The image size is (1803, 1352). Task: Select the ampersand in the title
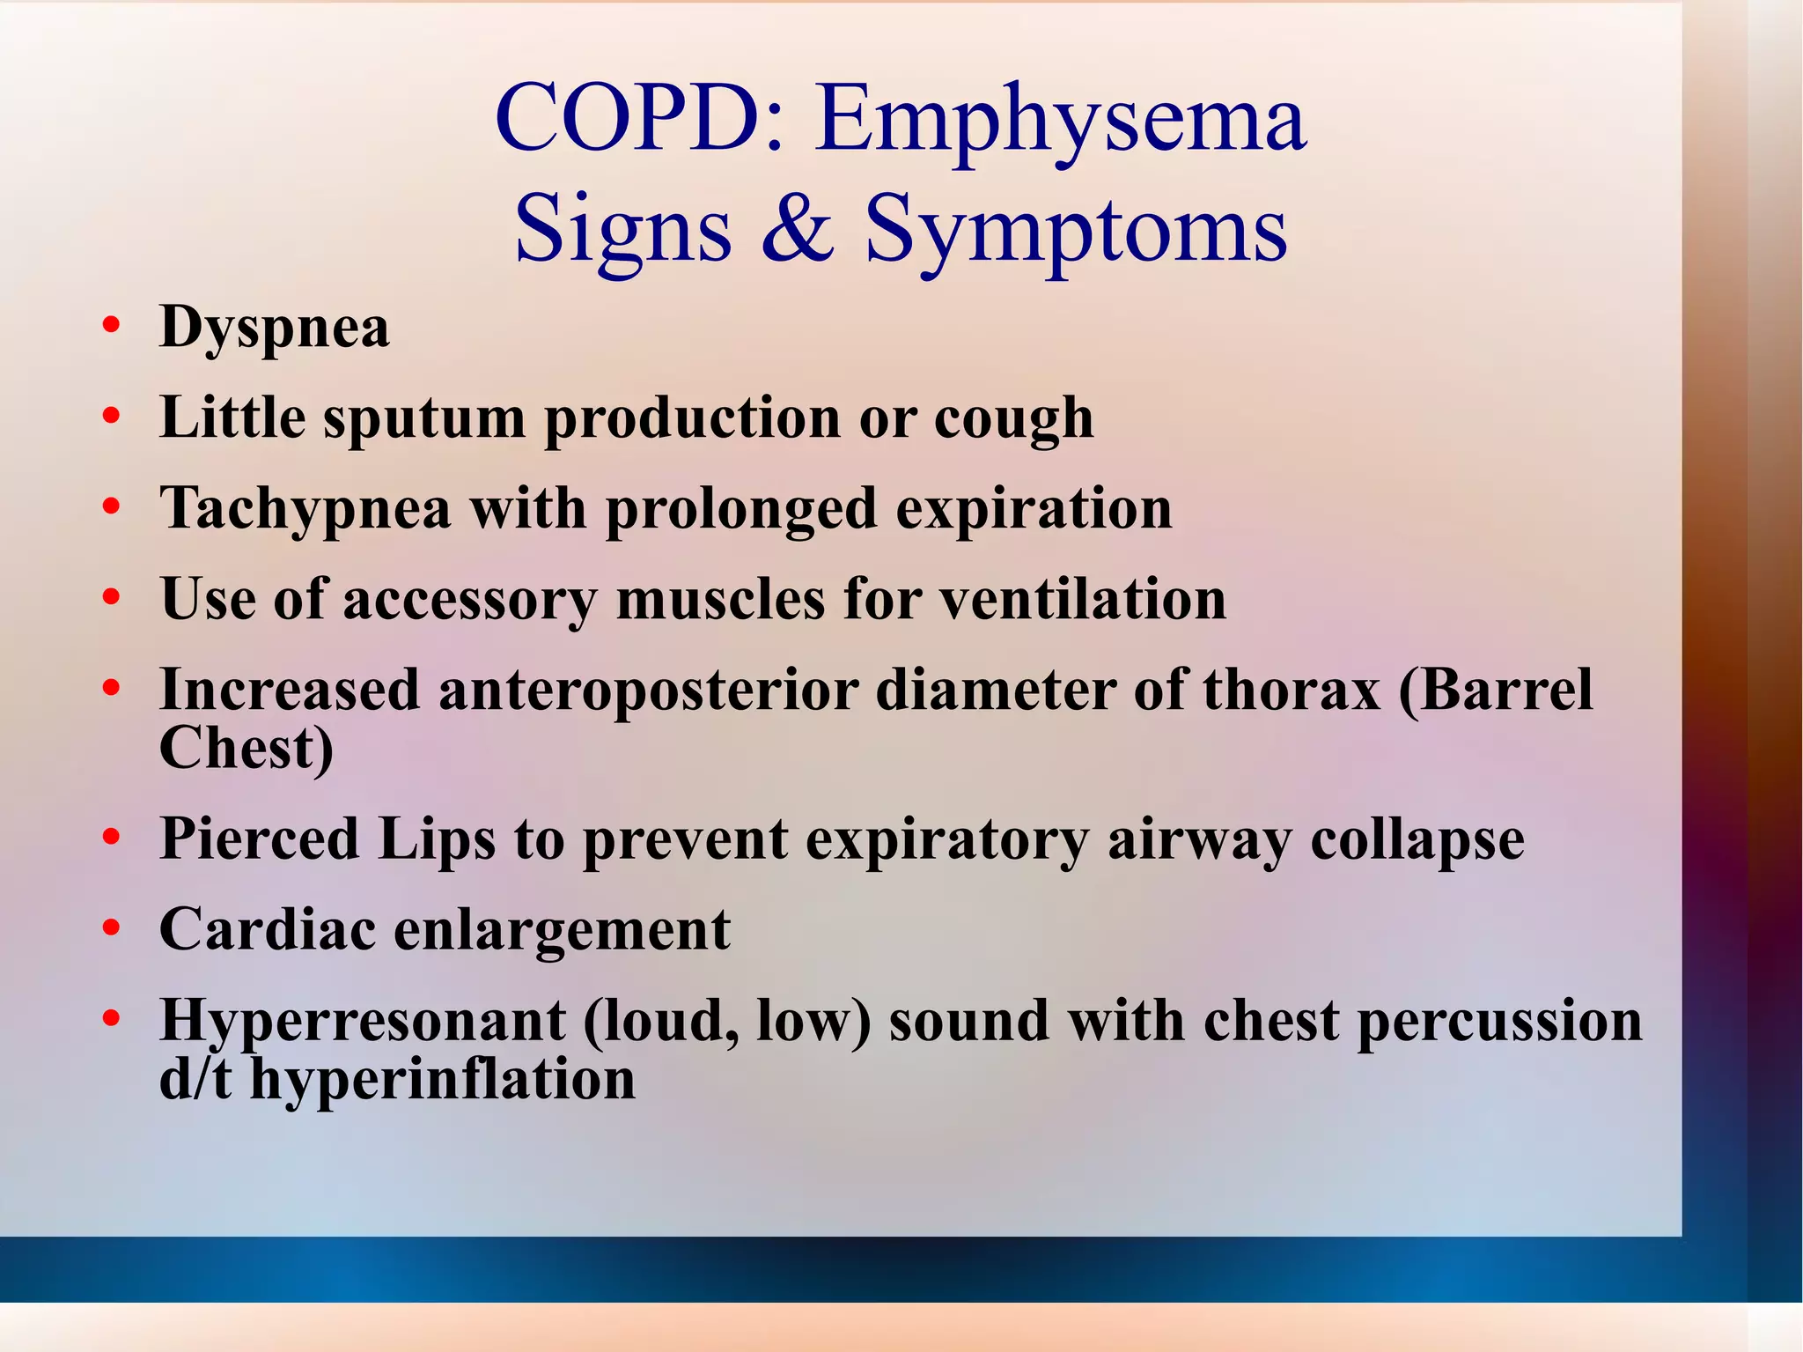[798, 227]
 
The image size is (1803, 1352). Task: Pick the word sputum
[424, 419]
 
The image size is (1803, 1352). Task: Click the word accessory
[470, 602]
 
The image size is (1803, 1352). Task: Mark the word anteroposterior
[648, 690]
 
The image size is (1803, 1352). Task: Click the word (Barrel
[1496, 690]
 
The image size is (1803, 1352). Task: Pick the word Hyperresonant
[362, 1023]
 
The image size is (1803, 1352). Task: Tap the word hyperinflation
[442, 1081]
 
